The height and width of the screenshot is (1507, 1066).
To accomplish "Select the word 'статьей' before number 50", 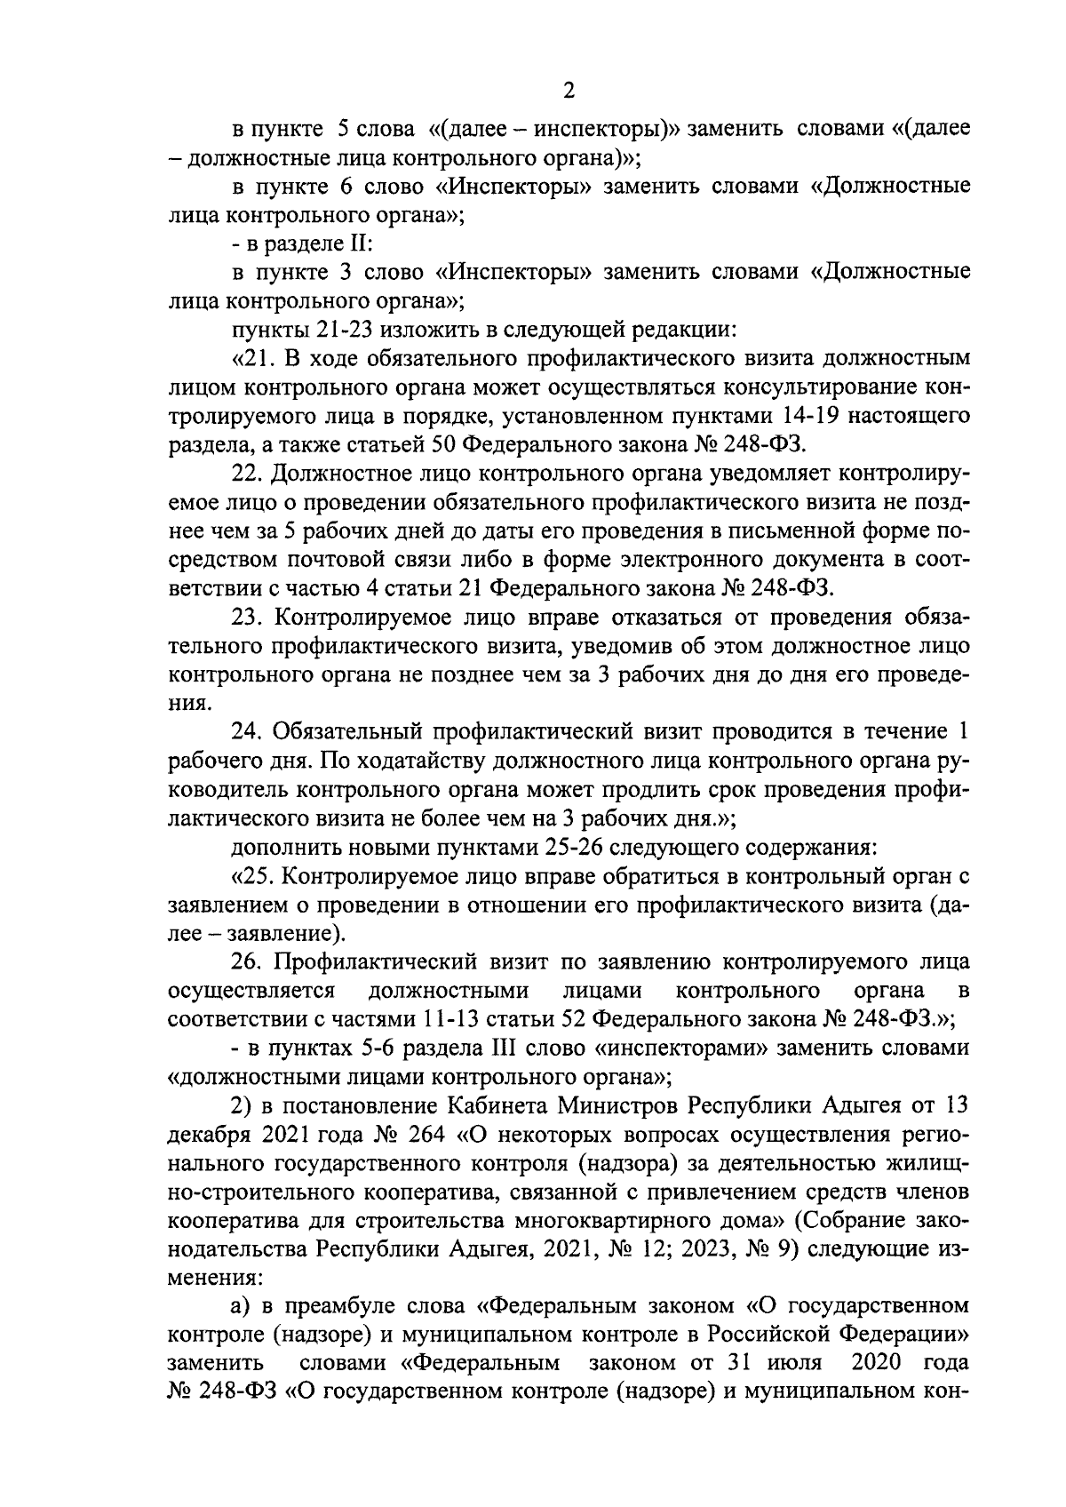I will coord(390,444).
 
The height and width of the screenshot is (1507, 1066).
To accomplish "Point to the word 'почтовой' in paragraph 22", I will coord(356,559).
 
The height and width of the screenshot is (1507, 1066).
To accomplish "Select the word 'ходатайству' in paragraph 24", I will coord(423,761).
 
